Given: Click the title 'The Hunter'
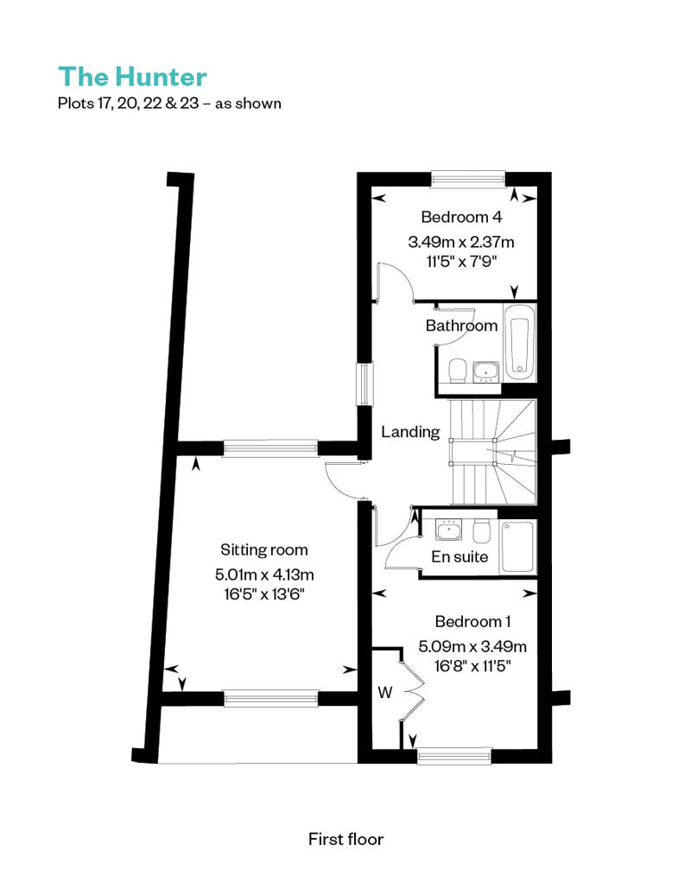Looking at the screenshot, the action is click(132, 77).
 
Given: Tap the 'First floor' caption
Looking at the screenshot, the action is click(345, 839).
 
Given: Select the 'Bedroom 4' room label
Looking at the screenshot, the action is click(461, 217).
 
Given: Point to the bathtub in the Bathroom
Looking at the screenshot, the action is click(519, 342).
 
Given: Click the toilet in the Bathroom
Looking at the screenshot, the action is click(458, 371).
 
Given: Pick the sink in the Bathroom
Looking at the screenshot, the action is click(485, 371).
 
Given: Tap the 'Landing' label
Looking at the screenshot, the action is click(410, 432).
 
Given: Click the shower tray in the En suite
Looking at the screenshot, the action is click(517, 547).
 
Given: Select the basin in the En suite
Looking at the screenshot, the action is click(448, 530).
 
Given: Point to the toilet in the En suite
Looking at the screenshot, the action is click(482, 530).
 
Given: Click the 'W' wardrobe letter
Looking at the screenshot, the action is click(385, 692).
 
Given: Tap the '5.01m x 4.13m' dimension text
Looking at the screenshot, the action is click(264, 574).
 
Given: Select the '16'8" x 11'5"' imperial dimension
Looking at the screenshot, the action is click(472, 666).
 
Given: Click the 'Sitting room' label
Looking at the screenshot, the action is click(264, 549).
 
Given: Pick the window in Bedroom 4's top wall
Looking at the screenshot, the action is click(468, 179).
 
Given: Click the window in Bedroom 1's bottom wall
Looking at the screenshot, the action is click(454, 756).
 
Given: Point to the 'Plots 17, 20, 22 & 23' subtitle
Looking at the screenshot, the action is click(129, 104).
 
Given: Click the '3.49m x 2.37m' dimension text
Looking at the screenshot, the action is click(461, 242).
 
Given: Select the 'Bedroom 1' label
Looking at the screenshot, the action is click(472, 621).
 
